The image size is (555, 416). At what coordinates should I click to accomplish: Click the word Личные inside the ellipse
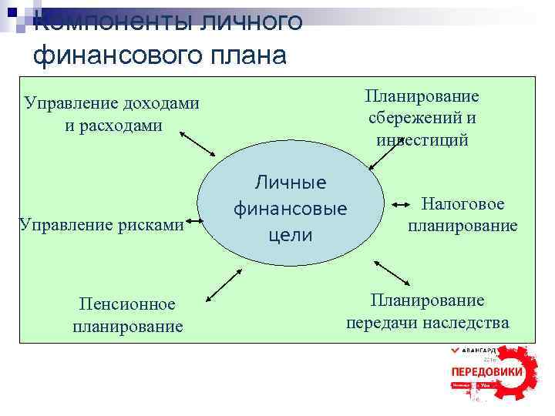(291, 183)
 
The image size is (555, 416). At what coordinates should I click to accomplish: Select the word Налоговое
(462, 204)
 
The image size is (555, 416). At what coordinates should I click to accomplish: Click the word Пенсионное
(128, 305)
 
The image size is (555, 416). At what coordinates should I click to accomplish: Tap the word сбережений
(422, 118)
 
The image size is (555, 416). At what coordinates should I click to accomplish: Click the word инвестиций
(422, 139)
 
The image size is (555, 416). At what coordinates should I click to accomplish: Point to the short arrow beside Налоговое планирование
(402, 205)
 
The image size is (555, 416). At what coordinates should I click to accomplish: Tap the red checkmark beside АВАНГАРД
(456, 351)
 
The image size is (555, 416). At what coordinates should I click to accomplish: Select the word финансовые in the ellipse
(291, 209)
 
